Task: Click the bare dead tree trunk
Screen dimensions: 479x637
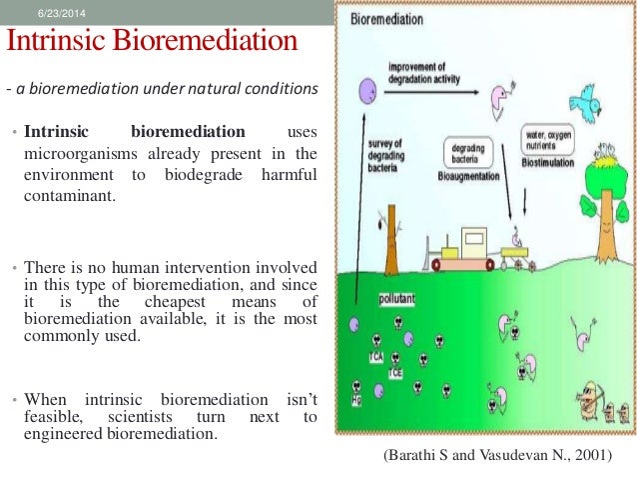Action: pos(394,235)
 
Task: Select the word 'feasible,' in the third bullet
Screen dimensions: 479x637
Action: pos(56,415)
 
